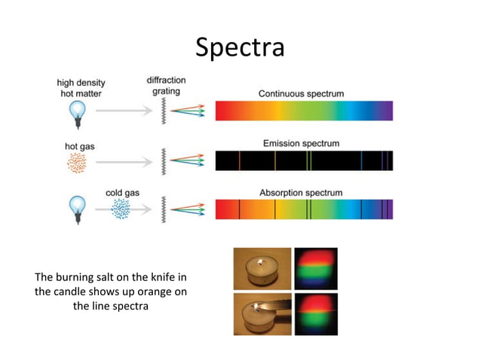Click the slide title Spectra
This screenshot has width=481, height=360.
click(x=240, y=46)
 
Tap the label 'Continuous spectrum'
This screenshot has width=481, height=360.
click(x=301, y=94)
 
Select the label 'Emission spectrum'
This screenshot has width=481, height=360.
click(x=301, y=143)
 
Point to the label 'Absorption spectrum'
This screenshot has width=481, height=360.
click(x=301, y=193)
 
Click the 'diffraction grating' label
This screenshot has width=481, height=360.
click(x=167, y=85)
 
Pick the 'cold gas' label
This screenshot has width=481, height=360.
click(x=120, y=193)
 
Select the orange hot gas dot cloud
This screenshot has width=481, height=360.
click(x=76, y=161)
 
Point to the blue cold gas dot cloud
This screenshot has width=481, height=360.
click(x=119, y=210)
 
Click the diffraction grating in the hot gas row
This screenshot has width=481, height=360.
click(x=163, y=160)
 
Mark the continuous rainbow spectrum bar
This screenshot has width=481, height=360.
click(x=304, y=111)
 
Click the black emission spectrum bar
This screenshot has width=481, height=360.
click(x=304, y=160)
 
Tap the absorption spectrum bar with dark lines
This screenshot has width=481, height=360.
click(x=304, y=209)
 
